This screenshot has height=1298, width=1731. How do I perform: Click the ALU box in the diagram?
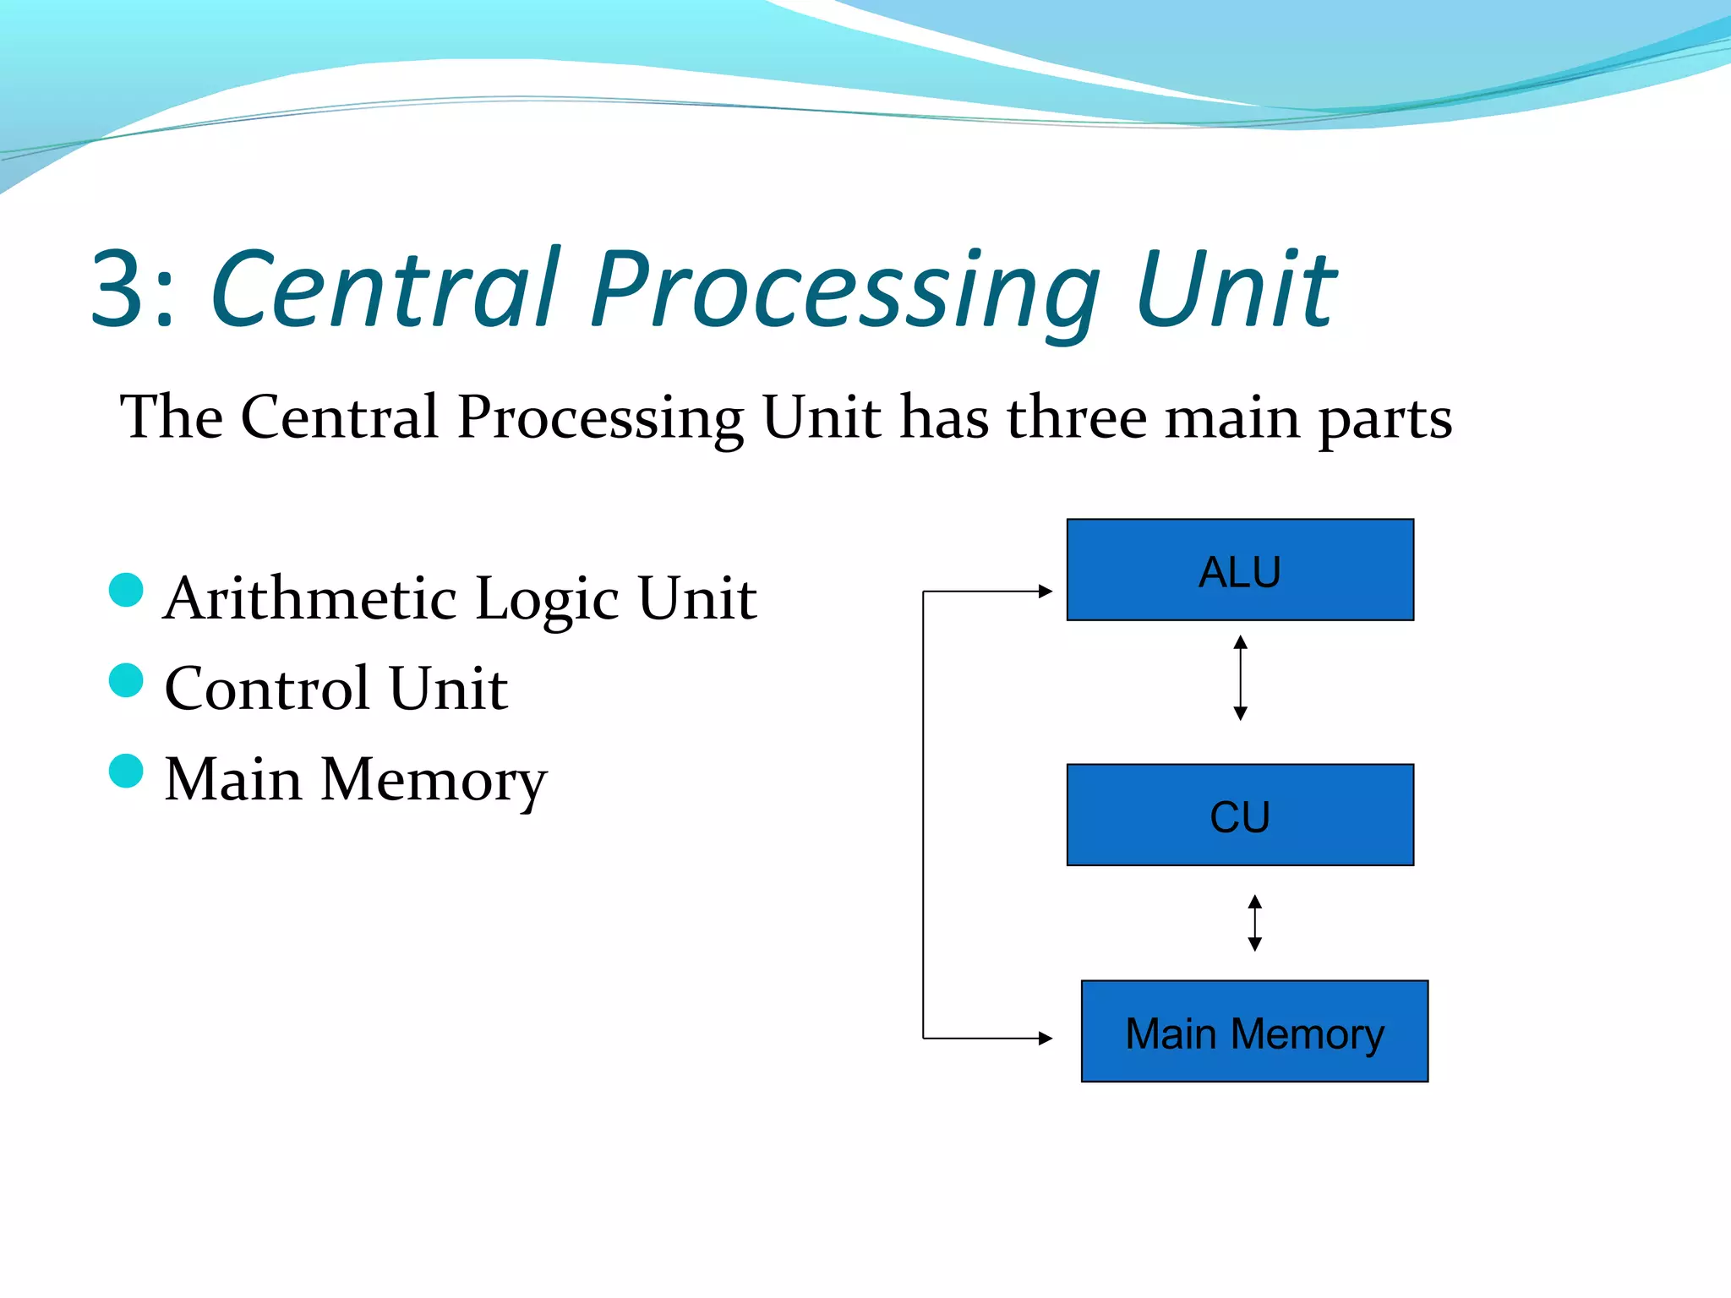(1240, 570)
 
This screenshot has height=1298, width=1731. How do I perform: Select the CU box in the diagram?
(1240, 815)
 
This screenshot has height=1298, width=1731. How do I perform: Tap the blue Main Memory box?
(1254, 1031)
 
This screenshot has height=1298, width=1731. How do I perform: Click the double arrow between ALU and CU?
(1240, 678)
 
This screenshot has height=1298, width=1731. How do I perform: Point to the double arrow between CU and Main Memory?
(1254, 923)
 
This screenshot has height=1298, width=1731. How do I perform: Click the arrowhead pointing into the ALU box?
(1046, 592)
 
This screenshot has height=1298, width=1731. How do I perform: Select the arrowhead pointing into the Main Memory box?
(1046, 1038)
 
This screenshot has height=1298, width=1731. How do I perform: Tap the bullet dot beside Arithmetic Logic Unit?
(127, 590)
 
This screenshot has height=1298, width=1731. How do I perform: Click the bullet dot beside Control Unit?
(127, 680)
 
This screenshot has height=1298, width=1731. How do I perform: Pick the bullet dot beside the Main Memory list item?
(127, 771)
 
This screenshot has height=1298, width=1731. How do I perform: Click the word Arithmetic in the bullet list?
(310, 598)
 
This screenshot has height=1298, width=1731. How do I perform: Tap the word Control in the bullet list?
(267, 688)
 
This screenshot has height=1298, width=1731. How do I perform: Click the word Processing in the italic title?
(845, 292)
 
